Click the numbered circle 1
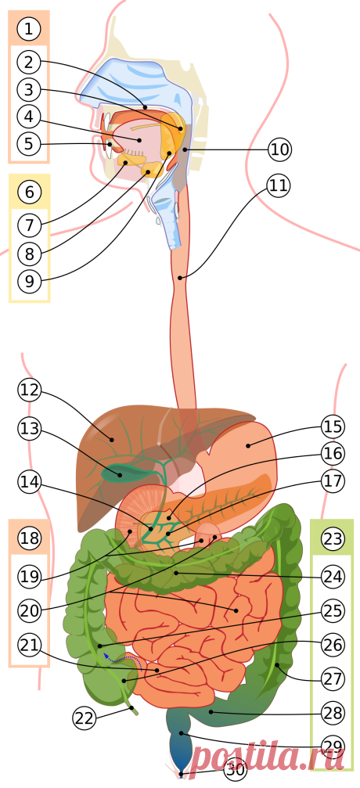[29, 28]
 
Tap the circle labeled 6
[30, 192]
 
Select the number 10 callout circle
[279, 149]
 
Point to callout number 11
[279, 186]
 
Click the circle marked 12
[30, 390]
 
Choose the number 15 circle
[333, 426]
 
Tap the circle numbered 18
[30, 538]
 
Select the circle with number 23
[333, 539]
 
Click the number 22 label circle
[85, 718]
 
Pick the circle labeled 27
[333, 679]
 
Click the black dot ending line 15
[248, 444]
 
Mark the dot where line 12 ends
[112, 440]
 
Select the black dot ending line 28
[211, 711]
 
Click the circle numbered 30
[236, 768]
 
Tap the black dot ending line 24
[175, 572]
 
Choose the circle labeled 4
[29, 117]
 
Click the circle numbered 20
[30, 610]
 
